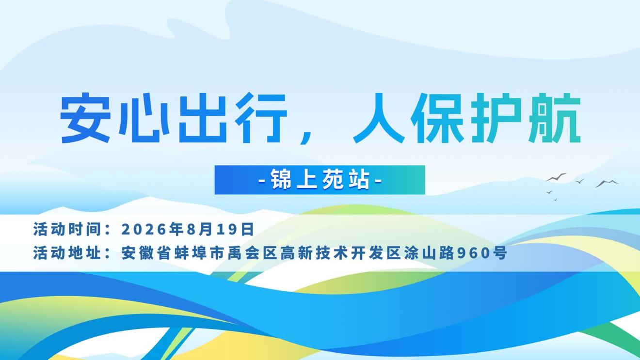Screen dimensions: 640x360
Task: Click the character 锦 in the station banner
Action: tap(281, 180)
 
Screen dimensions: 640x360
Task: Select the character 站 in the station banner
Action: tap(359, 180)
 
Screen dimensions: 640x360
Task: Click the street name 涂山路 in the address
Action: tap(429, 253)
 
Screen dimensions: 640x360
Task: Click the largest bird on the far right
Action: tap(607, 184)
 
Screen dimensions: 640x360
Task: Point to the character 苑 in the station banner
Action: tap(333, 180)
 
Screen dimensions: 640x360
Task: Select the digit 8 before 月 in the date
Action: tap(191, 230)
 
